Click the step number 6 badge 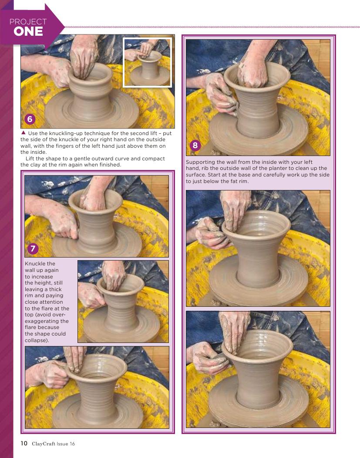pyautogui.click(x=30, y=119)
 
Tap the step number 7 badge pyautogui.click(x=33, y=248)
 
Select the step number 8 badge pyautogui.click(x=195, y=146)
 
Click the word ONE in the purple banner pyautogui.click(x=28, y=31)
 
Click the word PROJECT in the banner pyautogui.click(x=28, y=22)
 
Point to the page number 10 pyautogui.click(x=24, y=443)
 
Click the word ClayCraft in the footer pyautogui.click(x=44, y=444)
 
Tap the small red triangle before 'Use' pyautogui.click(x=24, y=132)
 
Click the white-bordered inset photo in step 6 pyautogui.click(x=147, y=62)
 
